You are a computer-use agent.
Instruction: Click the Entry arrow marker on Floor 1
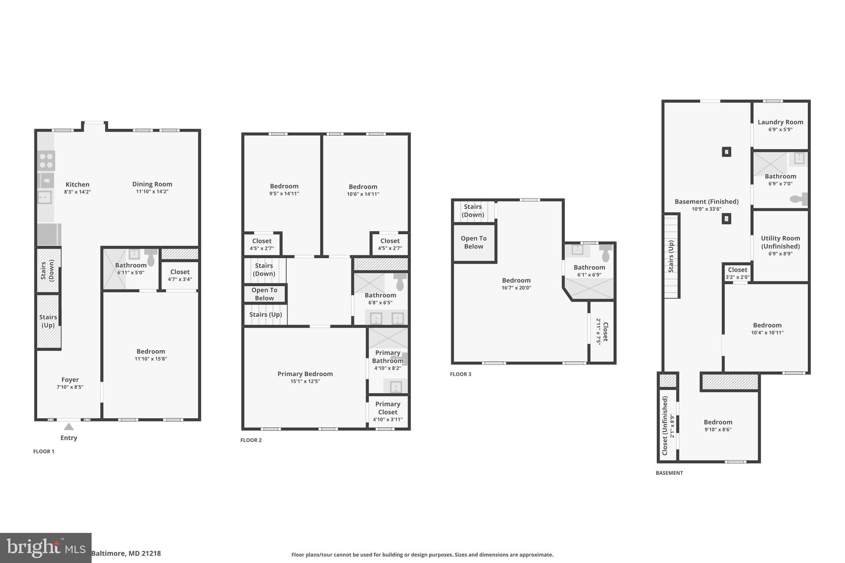point(69,427)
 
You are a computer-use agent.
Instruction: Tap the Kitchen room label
point(78,185)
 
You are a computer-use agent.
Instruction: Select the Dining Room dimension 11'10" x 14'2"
point(152,192)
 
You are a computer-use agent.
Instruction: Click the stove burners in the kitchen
point(46,160)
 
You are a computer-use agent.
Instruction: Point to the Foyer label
point(70,380)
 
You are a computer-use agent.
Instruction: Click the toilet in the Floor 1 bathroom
point(151,258)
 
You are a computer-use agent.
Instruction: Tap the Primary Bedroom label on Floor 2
point(305,374)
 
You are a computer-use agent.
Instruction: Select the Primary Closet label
point(387,408)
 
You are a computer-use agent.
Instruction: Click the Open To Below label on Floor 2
point(264,294)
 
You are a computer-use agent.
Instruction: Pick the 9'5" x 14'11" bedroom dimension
point(284,194)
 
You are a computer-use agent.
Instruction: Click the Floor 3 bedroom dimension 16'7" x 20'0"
point(516,288)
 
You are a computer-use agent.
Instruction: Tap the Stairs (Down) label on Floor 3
point(473,211)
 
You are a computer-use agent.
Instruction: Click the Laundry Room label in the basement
point(780,122)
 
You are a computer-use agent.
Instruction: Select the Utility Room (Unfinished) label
point(780,242)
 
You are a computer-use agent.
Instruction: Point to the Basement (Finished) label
point(706,202)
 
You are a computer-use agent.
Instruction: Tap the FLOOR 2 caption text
point(251,440)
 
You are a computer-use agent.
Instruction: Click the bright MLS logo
point(45,548)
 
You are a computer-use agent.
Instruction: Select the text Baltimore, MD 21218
point(126,554)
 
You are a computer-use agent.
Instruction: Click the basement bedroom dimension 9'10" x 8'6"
point(718,430)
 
